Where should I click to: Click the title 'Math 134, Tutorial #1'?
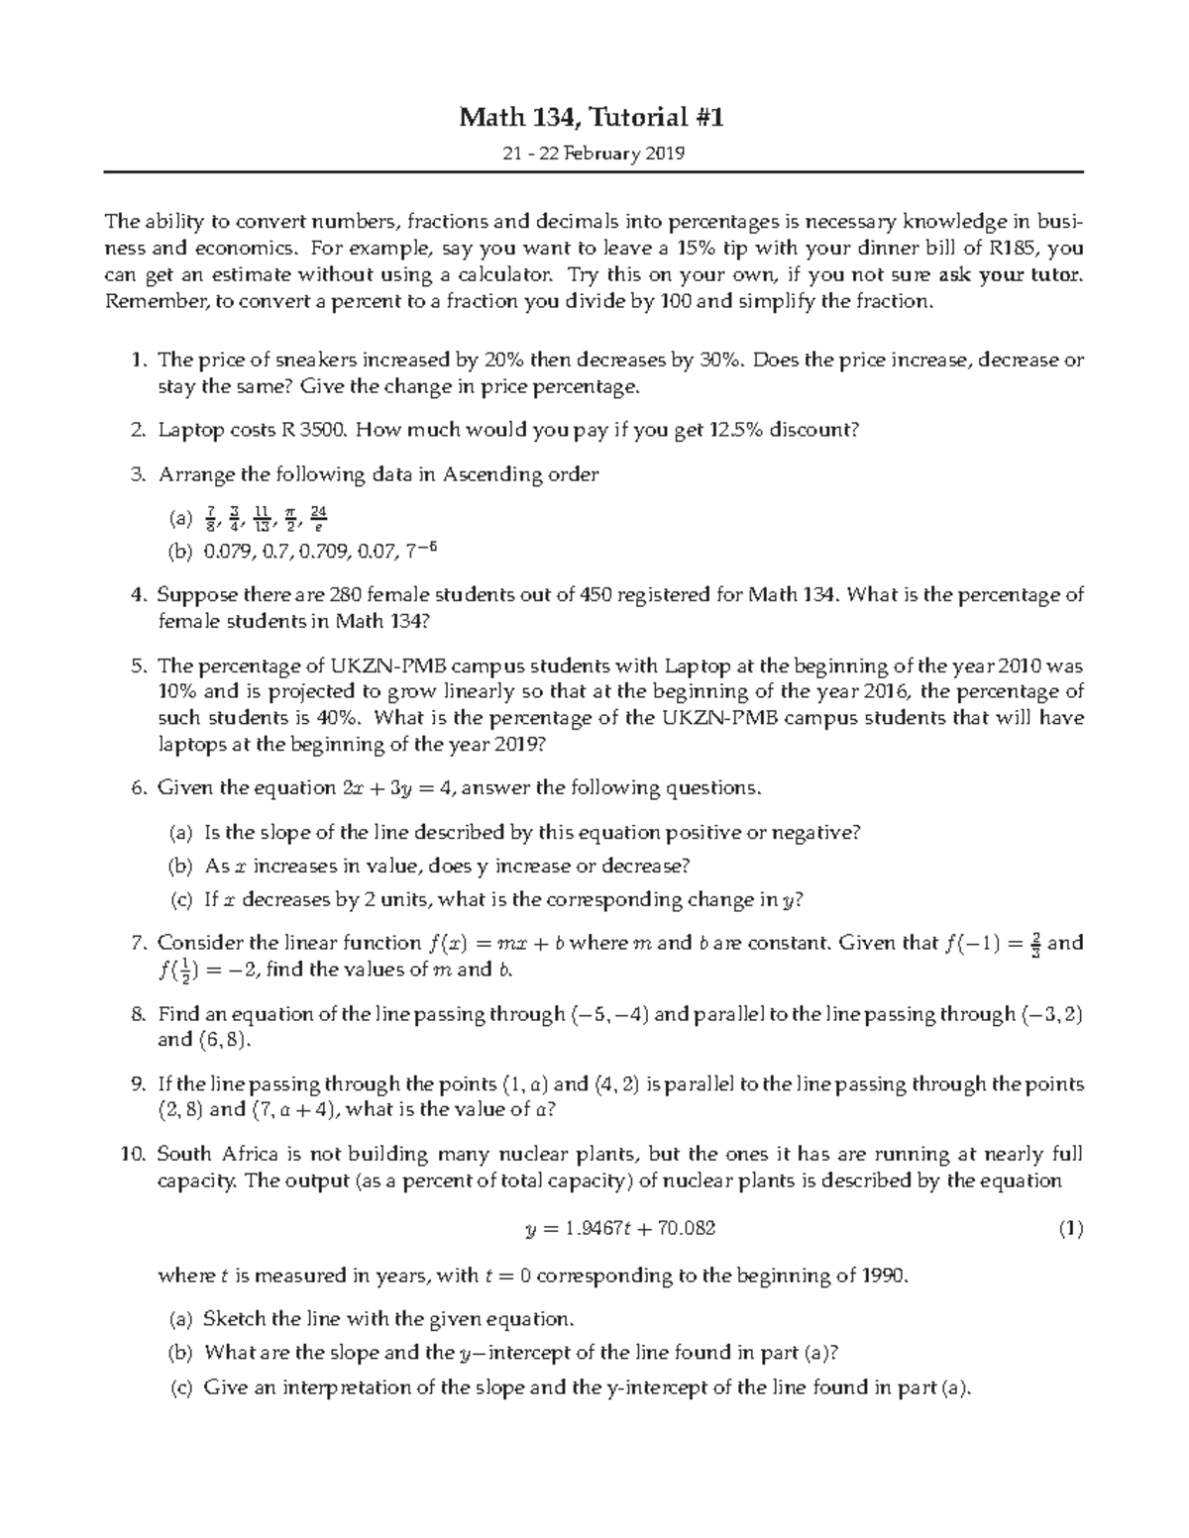[591, 119]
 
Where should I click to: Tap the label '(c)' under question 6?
[180, 900]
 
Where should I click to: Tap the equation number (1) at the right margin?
[1070, 1229]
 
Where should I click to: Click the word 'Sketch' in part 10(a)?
[234, 1319]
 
